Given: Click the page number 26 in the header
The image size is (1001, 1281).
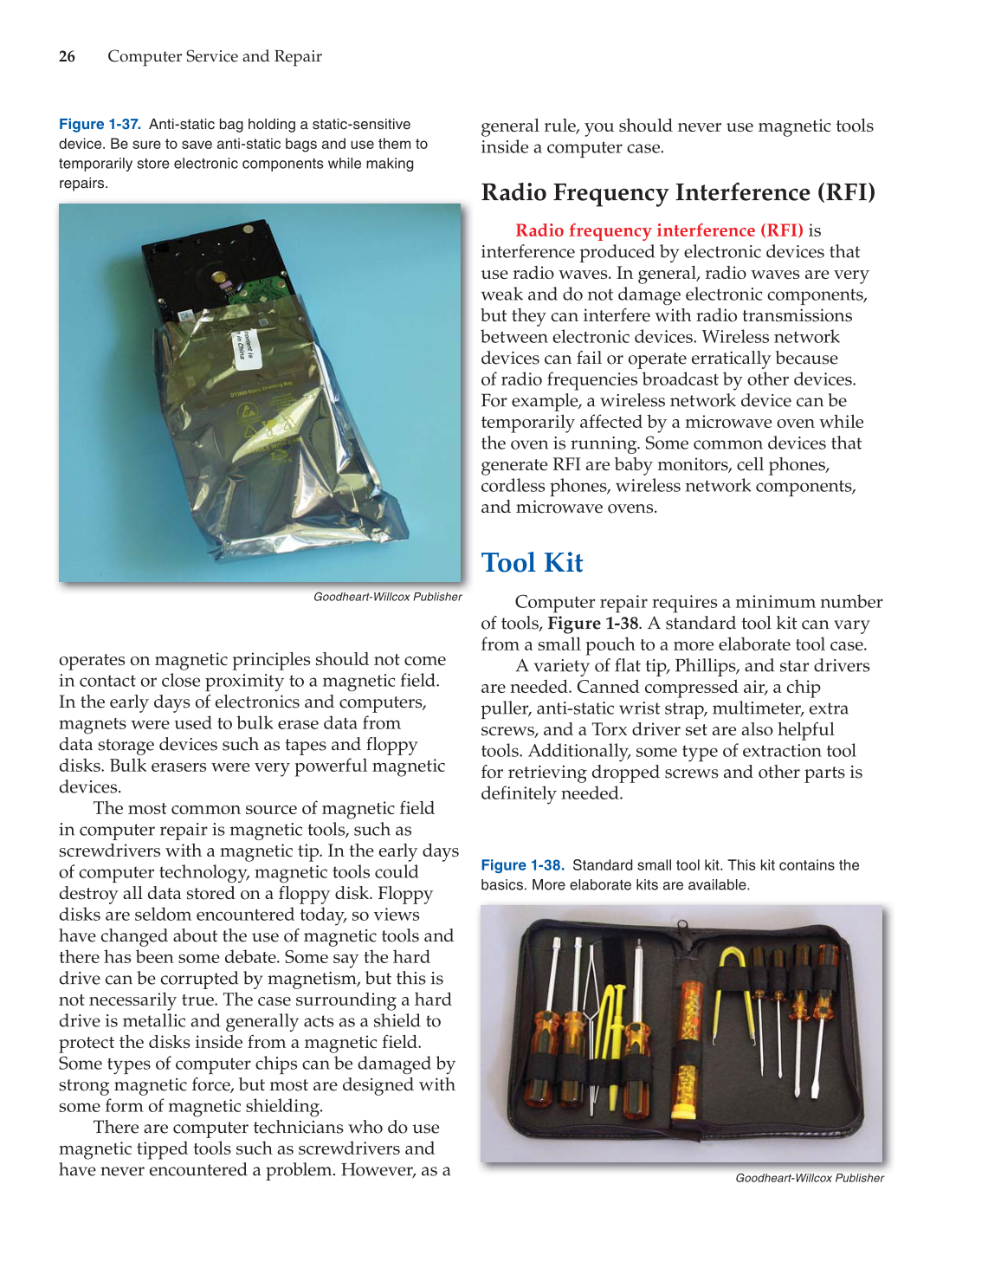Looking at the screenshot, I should pyautogui.click(x=67, y=56).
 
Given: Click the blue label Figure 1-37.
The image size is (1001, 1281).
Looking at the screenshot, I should pyautogui.click(x=100, y=125).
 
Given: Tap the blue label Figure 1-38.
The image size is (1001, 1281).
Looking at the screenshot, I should pyautogui.click(x=522, y=865).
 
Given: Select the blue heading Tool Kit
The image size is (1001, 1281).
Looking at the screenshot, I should pyautogui.click(x=532, y=563).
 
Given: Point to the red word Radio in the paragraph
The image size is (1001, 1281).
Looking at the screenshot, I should pyautogui.click(x=539, y=230).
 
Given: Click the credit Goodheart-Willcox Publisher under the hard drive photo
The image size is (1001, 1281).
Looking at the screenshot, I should pyautogui.click(x=387, y=597).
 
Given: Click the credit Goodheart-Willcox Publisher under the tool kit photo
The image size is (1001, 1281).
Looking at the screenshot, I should pyautogui.click(x=809, y=1178).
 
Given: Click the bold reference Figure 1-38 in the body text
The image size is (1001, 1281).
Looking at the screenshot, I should pyautogui.click(x=592, y=624).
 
